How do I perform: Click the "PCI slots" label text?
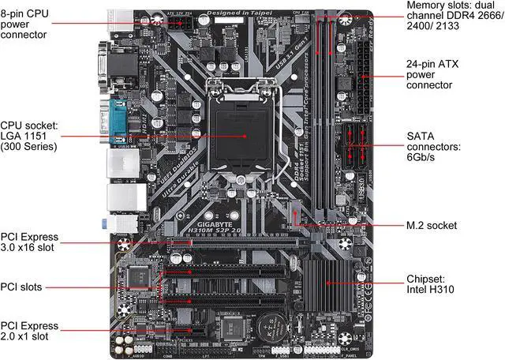point(22,287)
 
